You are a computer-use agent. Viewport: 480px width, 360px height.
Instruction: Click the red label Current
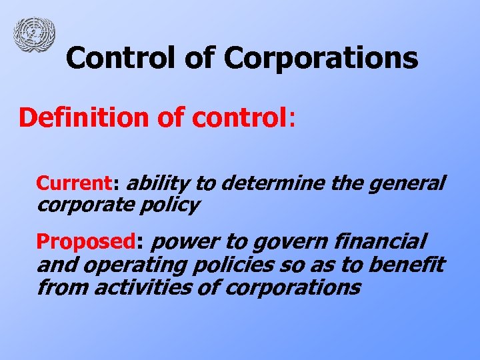pyautogui.click(x=74, y=183)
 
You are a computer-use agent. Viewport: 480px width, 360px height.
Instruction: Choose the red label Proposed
pyautogui.click(x=85, y=241)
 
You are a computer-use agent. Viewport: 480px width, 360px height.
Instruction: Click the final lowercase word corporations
pyautogui.click(x=294, y=289)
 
